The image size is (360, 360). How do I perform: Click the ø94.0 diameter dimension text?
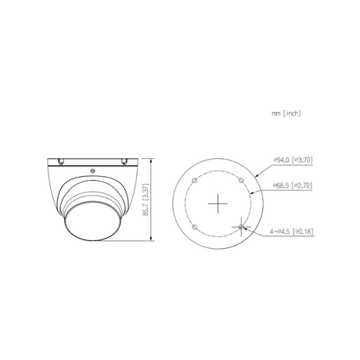[281, 160]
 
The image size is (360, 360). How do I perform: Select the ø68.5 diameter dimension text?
[281, 185]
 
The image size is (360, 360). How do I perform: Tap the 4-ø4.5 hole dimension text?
[280, 232]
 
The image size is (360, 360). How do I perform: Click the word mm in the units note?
[276, 113]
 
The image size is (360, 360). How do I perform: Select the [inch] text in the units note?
[292, 113]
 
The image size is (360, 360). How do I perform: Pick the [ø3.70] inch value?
[302, 160]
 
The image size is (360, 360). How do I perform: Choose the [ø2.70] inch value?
[302, 185]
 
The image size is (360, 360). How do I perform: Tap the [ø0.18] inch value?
[304, 232]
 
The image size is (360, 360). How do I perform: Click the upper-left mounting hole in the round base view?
[194, 181]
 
